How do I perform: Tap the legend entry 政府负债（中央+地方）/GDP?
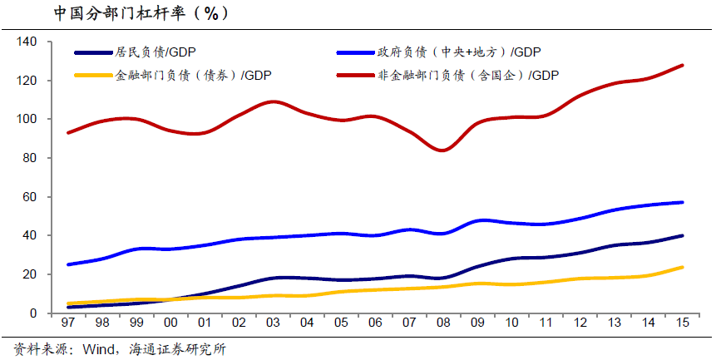click(x=470, y=52)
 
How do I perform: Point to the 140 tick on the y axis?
click(x=27, y=42)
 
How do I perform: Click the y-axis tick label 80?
click(x=31, y=158)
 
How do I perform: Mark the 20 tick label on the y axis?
click(x=31, y=274)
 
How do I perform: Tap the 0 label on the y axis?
click(x=34, y=313)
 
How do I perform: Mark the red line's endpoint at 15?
click(x=683, y=65)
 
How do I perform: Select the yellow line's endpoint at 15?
click(x=683, y=268)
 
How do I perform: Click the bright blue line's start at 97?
click(x=68, y=264)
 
